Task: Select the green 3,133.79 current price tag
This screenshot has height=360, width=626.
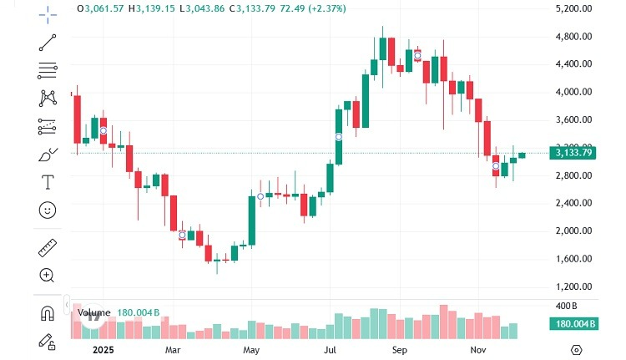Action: [x=573, y=152]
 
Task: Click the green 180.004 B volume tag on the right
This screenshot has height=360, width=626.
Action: [x=573, y=324]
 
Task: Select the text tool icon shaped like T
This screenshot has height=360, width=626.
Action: [x=48, y=181]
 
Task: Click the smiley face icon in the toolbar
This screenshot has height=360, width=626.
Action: [x=48, y=210]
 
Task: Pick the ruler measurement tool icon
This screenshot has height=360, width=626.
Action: [x=48, y=247]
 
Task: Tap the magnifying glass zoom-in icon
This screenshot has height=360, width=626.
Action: [x=48, y=275]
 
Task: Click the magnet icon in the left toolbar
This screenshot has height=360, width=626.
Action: [x=48, y=313]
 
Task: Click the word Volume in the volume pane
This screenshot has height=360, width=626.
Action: [x=93, y=312]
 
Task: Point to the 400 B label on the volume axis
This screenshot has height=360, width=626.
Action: [x=567, y=306]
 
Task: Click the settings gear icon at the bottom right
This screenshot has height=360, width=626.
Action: [x=576, y=349]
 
